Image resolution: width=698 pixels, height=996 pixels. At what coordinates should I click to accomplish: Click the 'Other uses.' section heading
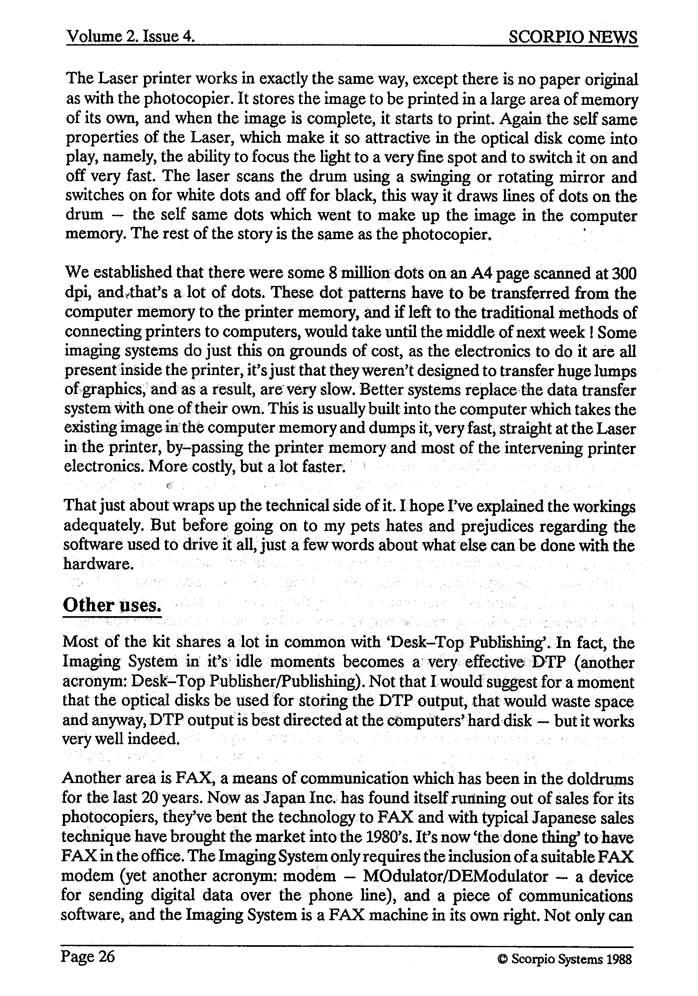pyautogui.click(x=112, y=604)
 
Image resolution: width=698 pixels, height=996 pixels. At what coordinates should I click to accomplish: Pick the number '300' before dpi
pyautogui.click(x=623, y=273)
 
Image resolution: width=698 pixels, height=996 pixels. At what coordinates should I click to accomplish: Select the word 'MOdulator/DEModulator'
pyautogui.click(x=456, y=876)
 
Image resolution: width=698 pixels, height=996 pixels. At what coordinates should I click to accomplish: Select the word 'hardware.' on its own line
pyautogui.click(x=98, y=565)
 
